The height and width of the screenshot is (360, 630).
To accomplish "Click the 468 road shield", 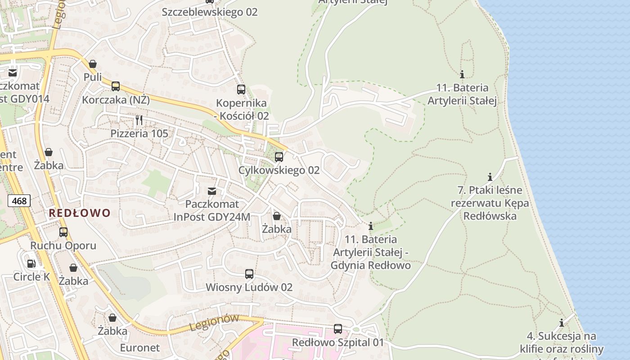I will [x=19, y=201].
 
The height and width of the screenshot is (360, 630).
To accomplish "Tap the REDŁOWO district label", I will [x=79, y=213].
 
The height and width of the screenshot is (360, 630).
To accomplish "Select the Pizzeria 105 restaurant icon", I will [x=139, y=120].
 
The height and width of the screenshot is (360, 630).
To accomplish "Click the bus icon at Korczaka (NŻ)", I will [x=116, y=86].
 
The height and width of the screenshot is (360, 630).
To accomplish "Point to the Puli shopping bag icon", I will [x=93, y=64].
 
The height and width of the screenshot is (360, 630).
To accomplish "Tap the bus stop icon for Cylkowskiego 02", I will [x=279, y=157].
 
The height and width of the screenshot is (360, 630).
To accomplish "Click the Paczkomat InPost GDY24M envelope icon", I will [x=211, y=191].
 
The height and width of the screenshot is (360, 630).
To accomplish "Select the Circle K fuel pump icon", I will [x=31, y=264].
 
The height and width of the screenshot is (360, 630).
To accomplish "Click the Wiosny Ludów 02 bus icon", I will [x=249, y=274].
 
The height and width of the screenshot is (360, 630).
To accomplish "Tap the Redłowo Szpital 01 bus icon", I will [x=338, y=329].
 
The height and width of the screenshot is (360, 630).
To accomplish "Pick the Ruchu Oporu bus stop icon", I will [x=63, y=232].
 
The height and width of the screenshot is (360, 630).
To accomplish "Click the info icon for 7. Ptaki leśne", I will [x=490, y=177].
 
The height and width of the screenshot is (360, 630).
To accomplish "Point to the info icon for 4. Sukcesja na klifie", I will [x=562, y=323].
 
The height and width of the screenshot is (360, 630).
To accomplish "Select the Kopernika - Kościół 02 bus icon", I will [x=241, y=90].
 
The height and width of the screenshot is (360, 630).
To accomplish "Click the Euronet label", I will [x=139, y=348].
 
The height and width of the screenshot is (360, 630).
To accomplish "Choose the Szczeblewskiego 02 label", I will [x=210, y=12].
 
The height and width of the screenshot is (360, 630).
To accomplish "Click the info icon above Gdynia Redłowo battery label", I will [x=371, y=225].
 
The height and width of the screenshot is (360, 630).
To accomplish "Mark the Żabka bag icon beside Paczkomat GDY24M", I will [x=277, y=216].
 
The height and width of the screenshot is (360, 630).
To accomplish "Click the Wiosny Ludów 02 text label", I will [x=249, y=287].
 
